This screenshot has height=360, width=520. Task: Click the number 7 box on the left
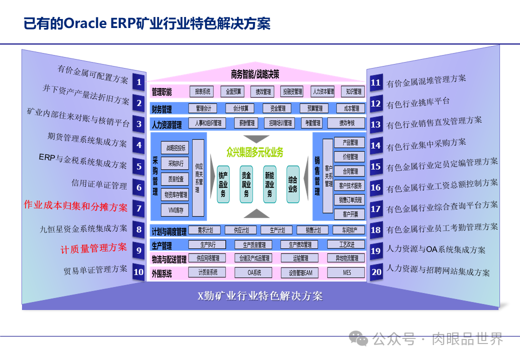coord(139,208)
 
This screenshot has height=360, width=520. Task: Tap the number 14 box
coord(375,146)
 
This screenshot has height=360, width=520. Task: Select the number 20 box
coord(376,272)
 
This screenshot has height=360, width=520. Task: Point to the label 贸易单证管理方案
coord(95,270)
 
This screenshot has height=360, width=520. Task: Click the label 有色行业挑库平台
coord(418,103)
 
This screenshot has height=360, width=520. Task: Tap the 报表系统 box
coord(201,91)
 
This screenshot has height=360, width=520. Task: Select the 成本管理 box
coord(348,108)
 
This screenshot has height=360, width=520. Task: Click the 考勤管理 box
coord(313,123)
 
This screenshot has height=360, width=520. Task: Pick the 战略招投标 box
coord(175,147)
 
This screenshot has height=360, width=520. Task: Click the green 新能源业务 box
coord(269,184)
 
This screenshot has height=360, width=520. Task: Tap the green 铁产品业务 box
coord(223,184)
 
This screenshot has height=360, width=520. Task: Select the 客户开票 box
coord(350,214)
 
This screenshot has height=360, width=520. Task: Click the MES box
coord(347,272)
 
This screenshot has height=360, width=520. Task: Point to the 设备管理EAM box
coord(300,272)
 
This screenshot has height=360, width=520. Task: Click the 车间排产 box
coord(349,230)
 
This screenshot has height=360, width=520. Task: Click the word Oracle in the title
coord(84,23)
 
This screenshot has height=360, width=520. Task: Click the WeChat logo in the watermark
coord(358,338)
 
